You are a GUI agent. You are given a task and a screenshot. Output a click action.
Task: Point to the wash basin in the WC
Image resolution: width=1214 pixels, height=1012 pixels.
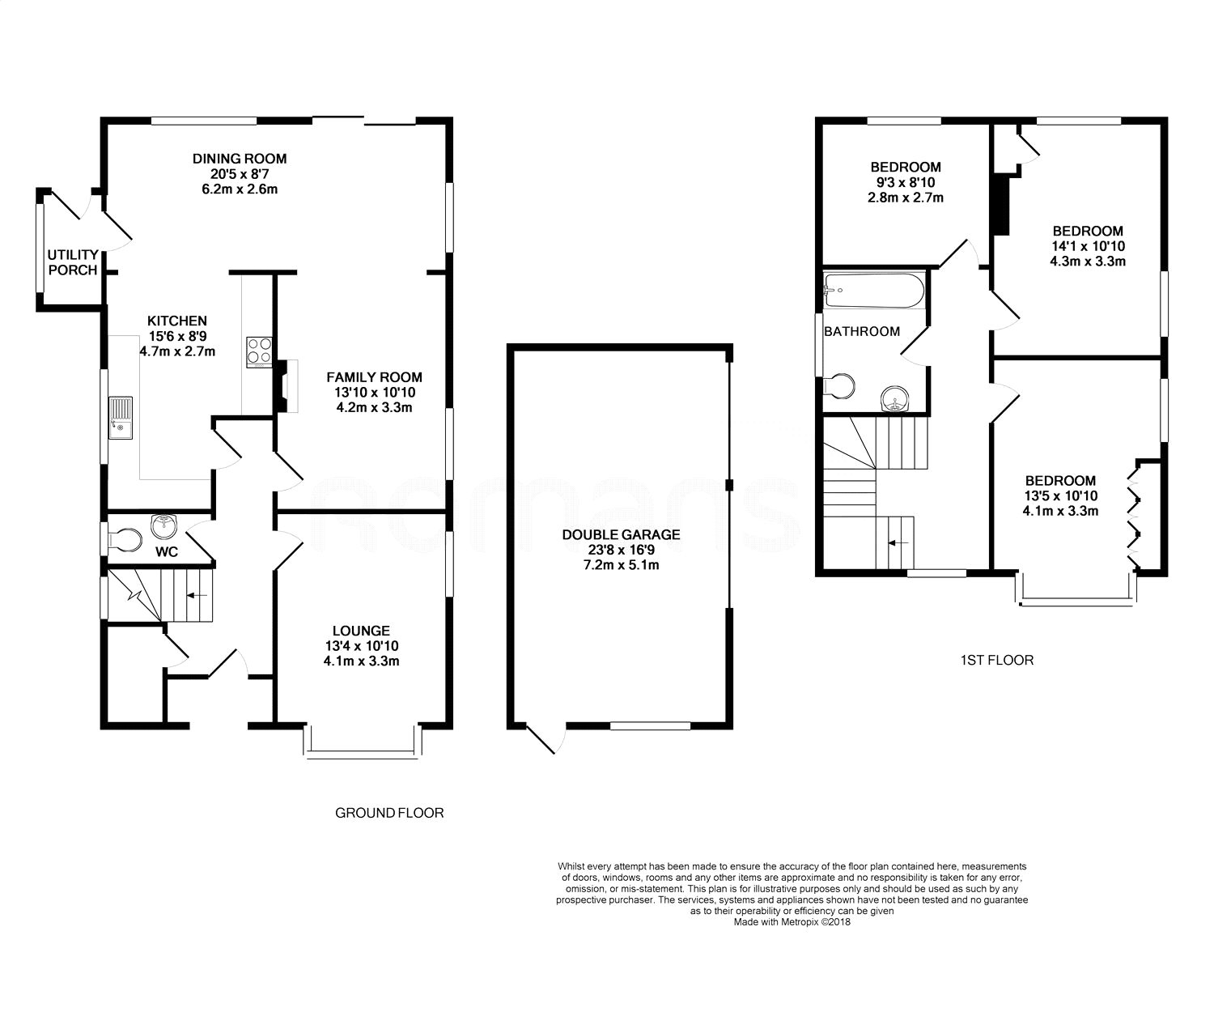[x=165, y=526]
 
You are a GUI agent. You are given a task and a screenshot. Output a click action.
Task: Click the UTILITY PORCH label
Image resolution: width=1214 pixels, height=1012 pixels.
[x=73, y=262]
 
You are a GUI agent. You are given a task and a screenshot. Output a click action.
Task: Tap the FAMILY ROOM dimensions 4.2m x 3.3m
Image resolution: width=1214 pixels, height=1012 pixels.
[x=374, y=407]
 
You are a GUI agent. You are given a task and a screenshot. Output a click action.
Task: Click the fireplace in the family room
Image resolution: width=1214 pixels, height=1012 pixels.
[x=283, y=386]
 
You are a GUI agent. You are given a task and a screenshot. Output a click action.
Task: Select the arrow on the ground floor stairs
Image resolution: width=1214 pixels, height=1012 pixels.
[x=196, y=595]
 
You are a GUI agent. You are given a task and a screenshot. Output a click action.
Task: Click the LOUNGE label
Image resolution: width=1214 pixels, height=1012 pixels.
[x=361, y=631]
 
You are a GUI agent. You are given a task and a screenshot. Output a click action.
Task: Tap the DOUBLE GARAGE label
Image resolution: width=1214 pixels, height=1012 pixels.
[x=622, y=534]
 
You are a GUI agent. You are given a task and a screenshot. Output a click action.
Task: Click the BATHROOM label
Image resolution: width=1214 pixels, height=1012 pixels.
[x=862, y=331]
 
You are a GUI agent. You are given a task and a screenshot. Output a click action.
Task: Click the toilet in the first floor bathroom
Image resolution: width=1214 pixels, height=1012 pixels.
[x=839, y=386]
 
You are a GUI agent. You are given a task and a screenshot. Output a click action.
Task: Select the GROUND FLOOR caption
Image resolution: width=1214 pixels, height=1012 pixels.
[x=389, y=812]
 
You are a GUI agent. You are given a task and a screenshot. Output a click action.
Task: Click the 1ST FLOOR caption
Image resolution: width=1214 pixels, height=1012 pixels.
[x=996, y=660]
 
